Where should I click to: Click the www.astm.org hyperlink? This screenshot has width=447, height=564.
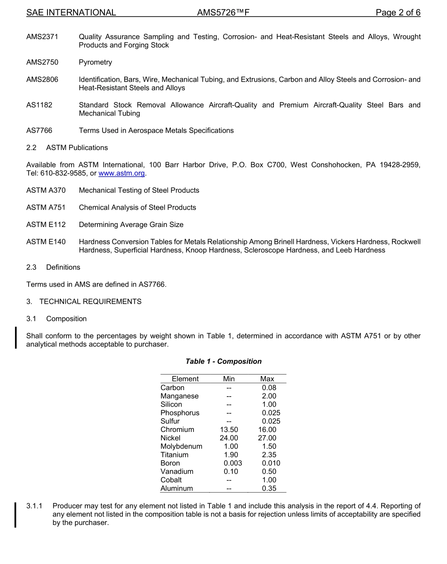(122, 173)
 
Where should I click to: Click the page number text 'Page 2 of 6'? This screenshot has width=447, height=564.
(398, 13)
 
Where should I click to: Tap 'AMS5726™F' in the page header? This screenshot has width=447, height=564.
(223, 13)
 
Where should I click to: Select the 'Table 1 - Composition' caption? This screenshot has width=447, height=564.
(223, 361)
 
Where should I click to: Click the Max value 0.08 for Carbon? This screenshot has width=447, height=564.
(269, 388)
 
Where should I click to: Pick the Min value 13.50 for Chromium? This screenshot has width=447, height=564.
(229, 430)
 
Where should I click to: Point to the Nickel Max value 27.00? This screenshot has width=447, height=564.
(267, 438)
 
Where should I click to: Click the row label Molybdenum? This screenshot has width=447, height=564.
(181, 446)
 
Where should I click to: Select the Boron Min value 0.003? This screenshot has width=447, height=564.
(233, 463)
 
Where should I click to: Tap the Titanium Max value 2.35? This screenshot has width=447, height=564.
(269, 455)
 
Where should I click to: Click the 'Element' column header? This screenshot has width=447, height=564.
(185, 379)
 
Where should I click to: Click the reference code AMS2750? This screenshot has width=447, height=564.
(42, 63)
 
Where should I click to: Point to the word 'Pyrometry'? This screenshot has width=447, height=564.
(96, 63)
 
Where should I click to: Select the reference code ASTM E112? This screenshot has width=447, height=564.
(46, 225)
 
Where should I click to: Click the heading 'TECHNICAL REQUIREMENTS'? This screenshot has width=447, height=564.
(90, 302)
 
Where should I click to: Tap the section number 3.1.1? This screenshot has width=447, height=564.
(34, 506)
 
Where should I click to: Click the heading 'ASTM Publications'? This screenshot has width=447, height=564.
(77, 148)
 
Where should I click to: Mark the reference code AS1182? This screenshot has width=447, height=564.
(40, 105)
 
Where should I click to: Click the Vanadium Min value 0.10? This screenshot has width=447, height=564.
(231, 471)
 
